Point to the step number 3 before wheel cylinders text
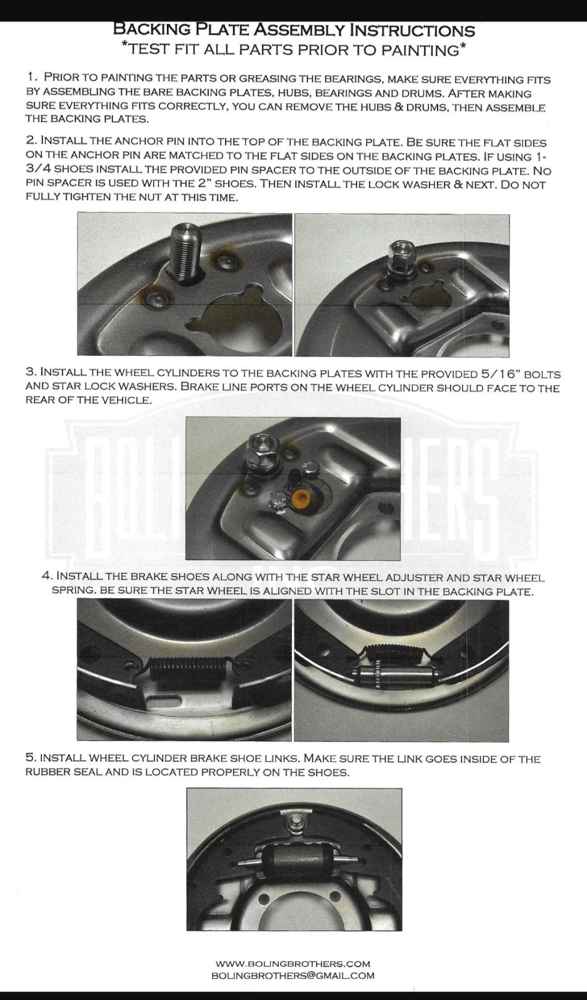pyautogui.click(x=31, y=372)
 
